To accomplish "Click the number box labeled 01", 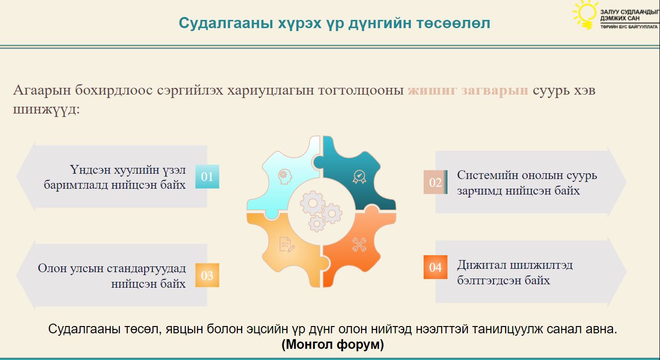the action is click(207, 177).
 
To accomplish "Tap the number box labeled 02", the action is click(435, 182).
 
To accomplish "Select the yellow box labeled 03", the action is click(207, 275).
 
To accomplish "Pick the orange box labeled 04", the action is click(435, 267).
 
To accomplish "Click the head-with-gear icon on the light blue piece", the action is click(284, 177).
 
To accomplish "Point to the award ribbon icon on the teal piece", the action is click(359, 177).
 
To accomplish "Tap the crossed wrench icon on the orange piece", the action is click(359, 245).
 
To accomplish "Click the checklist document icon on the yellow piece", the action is click(286, 245).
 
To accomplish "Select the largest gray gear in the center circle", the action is click(313, 203).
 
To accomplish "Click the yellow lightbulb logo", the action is click(585, 15).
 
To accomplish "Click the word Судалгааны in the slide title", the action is click(226, 23).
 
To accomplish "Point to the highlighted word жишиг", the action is click(432, 90).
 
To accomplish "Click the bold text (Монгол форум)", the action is click(332, 344).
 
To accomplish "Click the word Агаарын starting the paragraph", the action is click(42, 90).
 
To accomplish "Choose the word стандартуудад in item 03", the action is click(147, 268).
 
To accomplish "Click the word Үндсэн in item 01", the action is click(90, 170).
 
